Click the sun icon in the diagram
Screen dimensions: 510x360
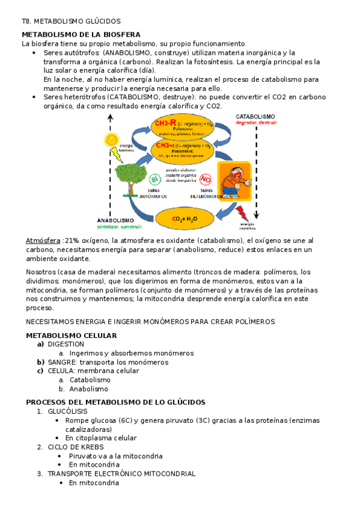[x=111, y=140]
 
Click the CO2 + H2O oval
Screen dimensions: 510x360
[x=185, y=218]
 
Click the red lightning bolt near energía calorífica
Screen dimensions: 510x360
[x=244, y=214]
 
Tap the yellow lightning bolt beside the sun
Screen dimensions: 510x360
[x=117, y=156]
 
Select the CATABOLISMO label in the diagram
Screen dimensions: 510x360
[x=255, y=117]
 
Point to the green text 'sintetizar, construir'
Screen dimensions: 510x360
[x=119, y=227]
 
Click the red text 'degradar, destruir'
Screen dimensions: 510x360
[x=255, y=123]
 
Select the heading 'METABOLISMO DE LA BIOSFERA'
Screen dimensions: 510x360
[x=81, y=34]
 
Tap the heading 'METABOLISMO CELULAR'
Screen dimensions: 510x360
[x=71, y=335]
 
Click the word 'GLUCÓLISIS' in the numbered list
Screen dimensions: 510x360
[x=67, y=411]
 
